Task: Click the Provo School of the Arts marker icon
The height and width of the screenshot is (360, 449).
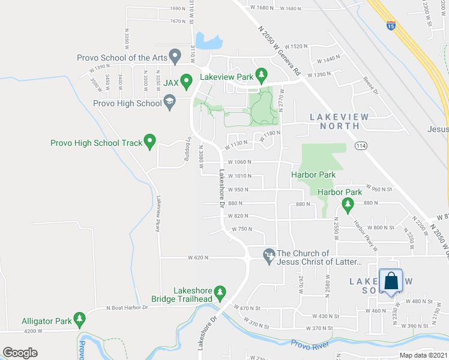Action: pyautogui.click(x=175, y=57)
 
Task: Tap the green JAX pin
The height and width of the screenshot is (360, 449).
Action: pyautogui.click(x=187, y=80)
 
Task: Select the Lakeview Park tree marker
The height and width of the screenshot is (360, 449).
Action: pyautogui.click(x=261, y=75)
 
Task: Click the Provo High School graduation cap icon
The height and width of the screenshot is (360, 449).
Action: pyautogui.click(x=169, y=102)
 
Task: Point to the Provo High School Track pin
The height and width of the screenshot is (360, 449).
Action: pyautogui.click(x=150, y=142)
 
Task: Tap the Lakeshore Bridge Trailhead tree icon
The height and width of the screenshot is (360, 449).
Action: pyautogui.click(x=220, y=292)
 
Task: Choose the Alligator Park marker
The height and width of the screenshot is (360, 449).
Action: pyautogui.click(x=79, y=319)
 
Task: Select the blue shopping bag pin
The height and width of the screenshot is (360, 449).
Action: pyautogui.click(x=391, y=281)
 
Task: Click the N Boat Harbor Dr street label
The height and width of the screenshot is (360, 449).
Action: pyautogui.click(x=127, y=308)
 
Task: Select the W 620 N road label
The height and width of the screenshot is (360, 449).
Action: pyautogui.click(x=197, y=257)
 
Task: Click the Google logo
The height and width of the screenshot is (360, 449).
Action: pyautogui.click(x=20, y=353)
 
